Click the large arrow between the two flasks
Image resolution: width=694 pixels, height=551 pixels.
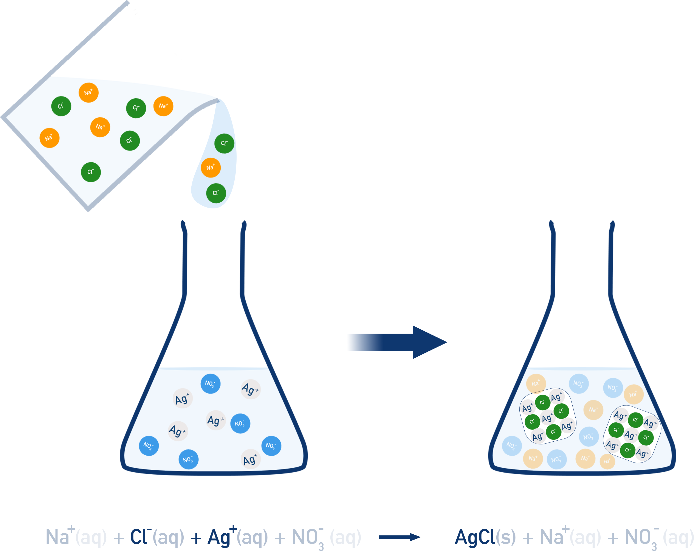pyautogui.click(x=399, y=342)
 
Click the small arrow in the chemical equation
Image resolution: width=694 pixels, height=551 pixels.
pyautogui.click(x=399, y=537)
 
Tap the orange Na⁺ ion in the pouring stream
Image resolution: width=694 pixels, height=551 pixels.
pyautogui.click(x=211, y=168)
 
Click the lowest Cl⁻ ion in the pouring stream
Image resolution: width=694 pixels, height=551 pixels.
pyautogui.click(x=216, y=193)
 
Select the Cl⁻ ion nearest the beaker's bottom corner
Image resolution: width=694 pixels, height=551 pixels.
pyautogui.click(x=91, y=172)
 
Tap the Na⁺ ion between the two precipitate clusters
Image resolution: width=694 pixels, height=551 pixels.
pyautogui.click(x=593, y=410)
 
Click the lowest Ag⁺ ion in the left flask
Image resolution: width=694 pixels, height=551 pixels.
pyautogui.click(x=250, y=459)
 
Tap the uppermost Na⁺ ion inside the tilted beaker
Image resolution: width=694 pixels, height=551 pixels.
pyautogui.click(x=88, y=92)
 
